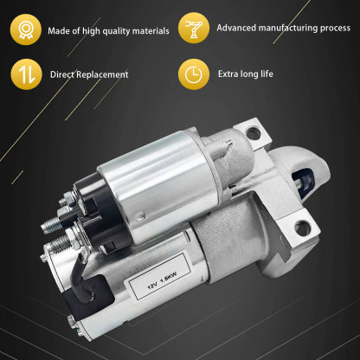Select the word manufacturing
click(x=292, y=28)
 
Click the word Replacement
click(x=103, y=74)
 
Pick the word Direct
click(x=64, y=74)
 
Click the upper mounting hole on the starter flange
click(x=254, y=133)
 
